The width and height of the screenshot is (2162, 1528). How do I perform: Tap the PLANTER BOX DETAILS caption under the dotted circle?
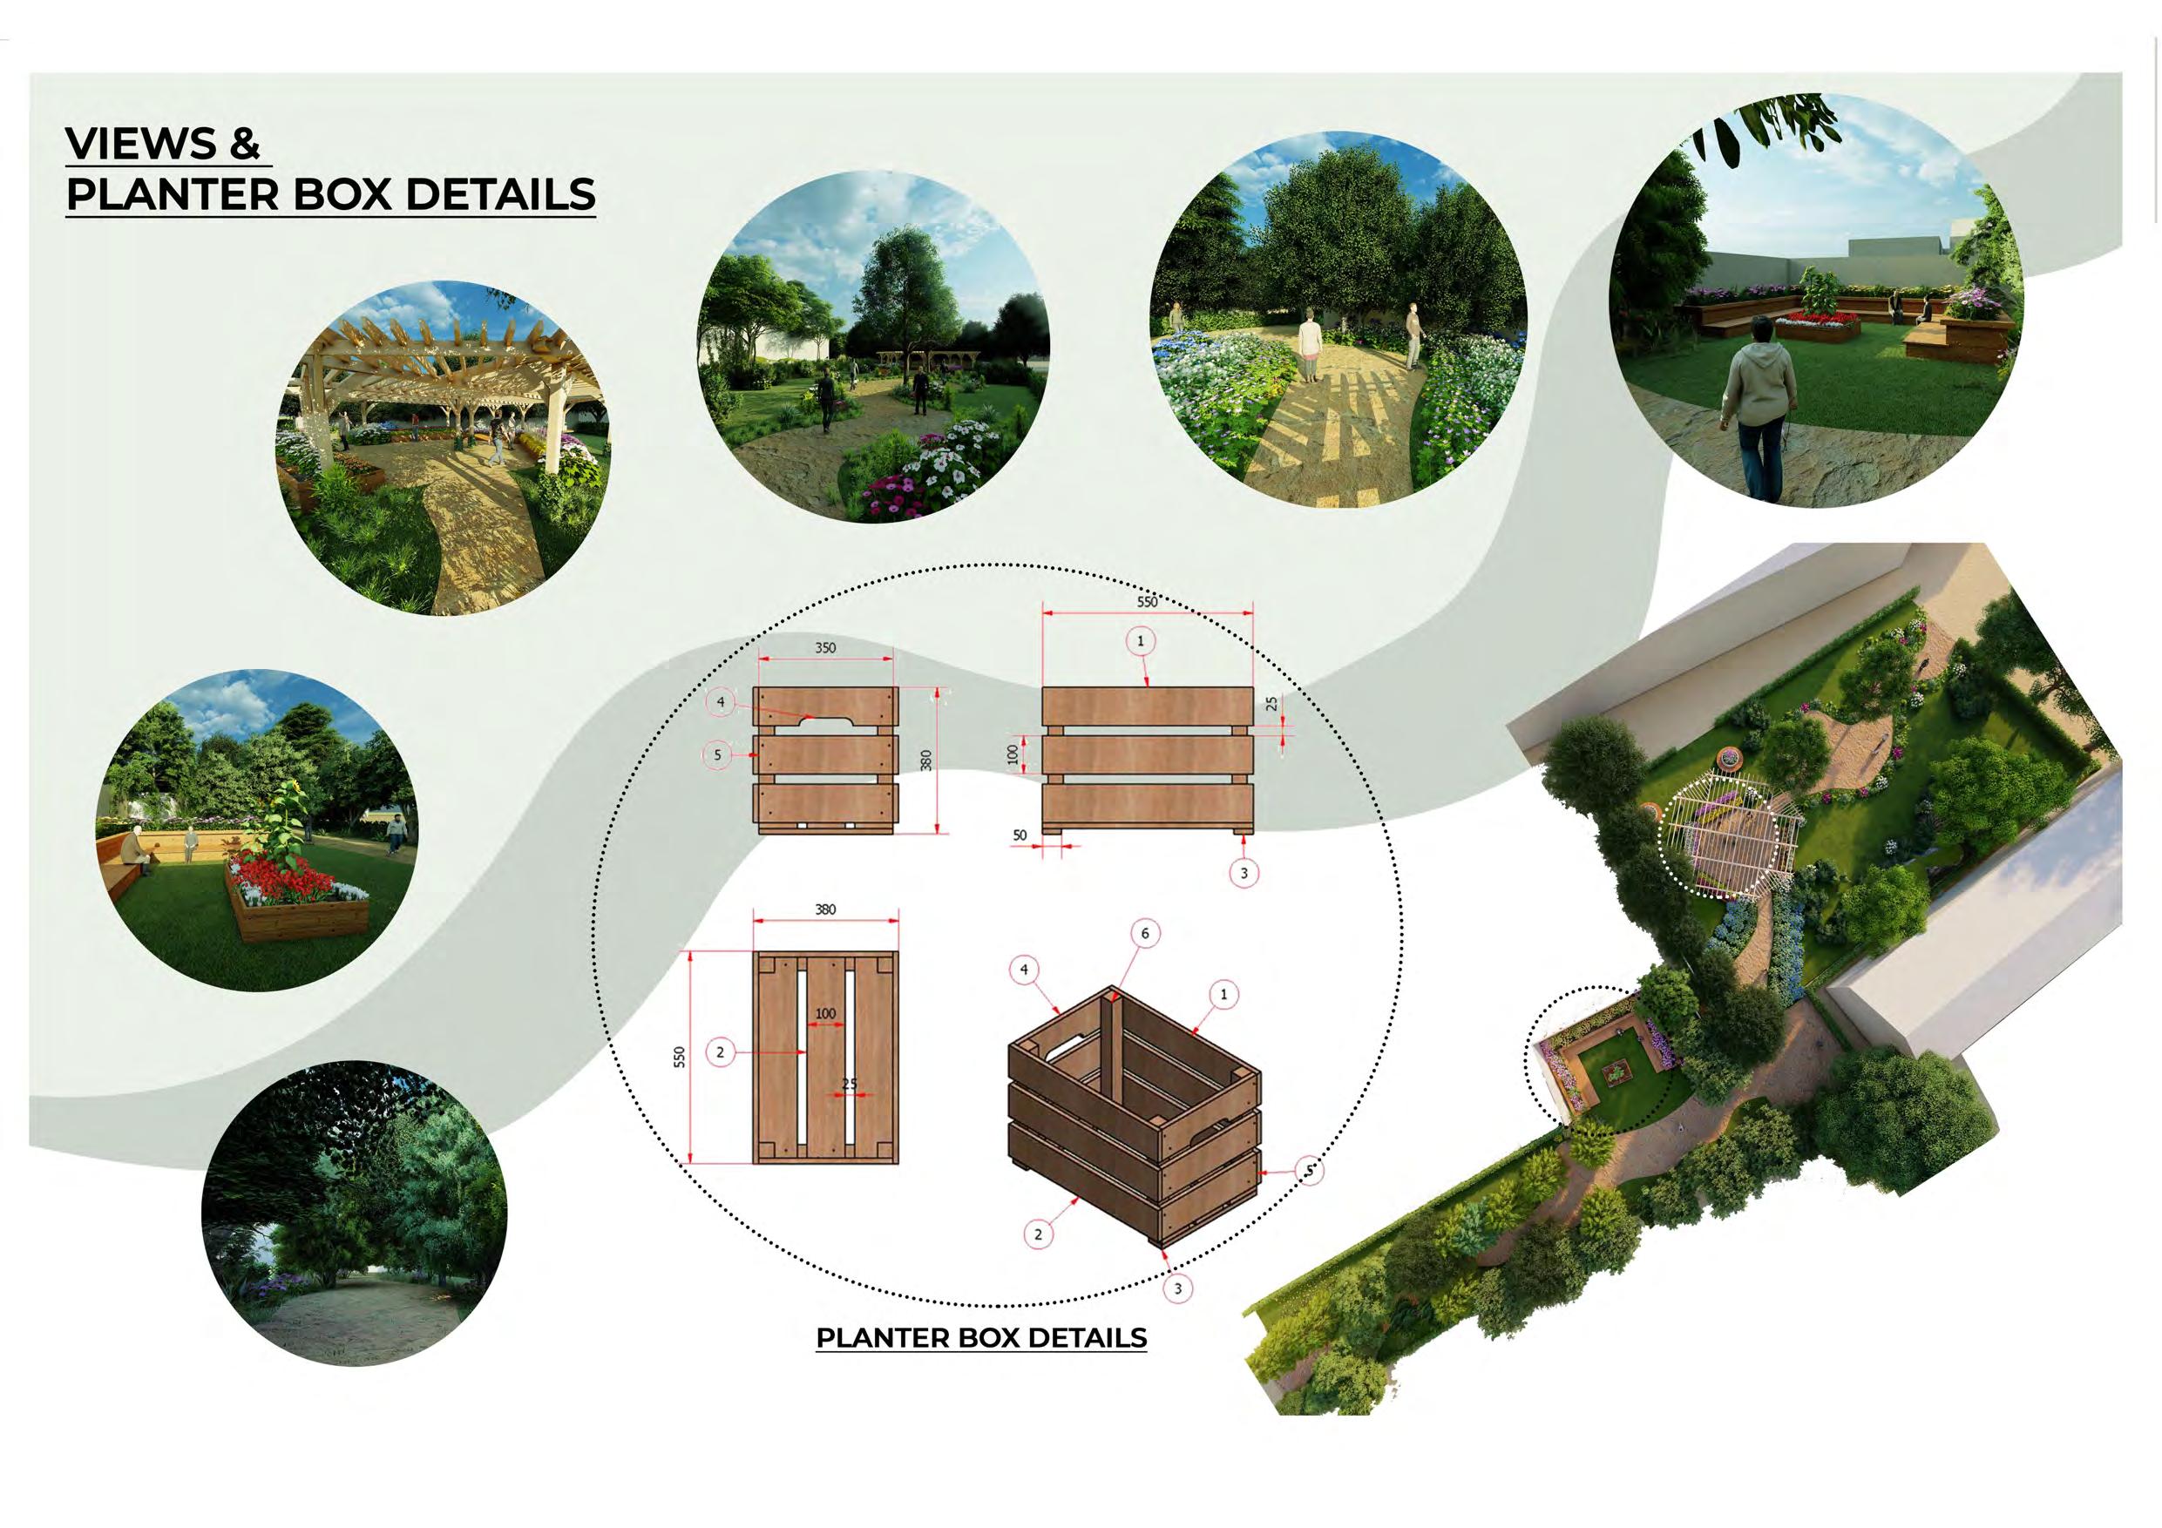(981, 1338)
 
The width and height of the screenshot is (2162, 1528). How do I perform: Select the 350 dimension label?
(825, 648)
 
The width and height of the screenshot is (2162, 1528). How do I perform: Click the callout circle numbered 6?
(1145, 934)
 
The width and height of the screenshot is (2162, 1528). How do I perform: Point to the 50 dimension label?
(1020, 836)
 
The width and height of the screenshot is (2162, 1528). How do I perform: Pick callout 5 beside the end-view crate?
(717, 755)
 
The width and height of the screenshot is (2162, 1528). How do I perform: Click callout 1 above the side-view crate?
(1141, 641)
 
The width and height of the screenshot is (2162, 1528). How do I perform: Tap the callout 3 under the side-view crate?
(1244, 874)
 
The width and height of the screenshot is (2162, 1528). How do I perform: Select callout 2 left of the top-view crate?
(721, 1052)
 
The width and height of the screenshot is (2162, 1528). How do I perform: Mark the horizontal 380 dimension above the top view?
(825, 909)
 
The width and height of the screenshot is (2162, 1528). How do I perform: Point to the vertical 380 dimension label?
(925, 761)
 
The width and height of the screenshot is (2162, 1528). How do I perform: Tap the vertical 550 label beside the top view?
(679, 1058)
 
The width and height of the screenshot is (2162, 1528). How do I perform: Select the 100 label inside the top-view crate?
(825, 1014)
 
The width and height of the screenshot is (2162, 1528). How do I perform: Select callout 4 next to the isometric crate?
(1024, 970)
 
